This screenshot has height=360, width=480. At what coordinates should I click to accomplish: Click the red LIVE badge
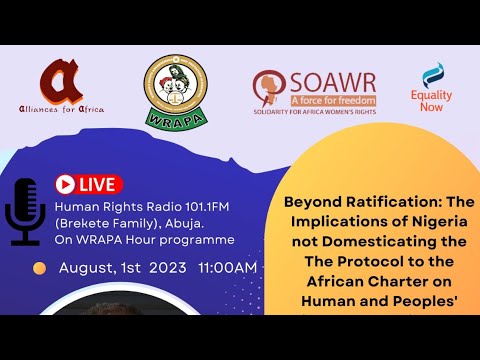(x=88, y=184)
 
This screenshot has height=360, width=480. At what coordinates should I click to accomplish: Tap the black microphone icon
(x=24, y=213)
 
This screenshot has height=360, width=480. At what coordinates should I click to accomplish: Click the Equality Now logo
(x=432, y=86)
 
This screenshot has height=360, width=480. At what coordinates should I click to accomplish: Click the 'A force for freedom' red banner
(x=333, y=101)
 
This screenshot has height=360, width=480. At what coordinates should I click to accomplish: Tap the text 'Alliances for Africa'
(x=62, y=109)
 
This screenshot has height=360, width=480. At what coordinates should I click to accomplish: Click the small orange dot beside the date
(x=40, y=268)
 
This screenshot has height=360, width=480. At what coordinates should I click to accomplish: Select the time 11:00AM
(x=228, y=268)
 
